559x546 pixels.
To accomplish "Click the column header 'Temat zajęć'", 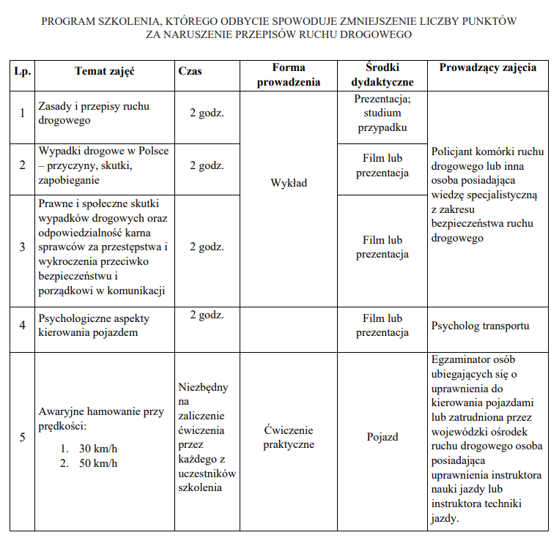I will (x=105, y=71).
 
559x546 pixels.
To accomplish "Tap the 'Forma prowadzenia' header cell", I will (x=288, y=75).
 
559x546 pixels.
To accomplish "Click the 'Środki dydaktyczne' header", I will (x=382, y=75).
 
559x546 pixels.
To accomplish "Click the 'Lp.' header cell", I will (x=21, y=71).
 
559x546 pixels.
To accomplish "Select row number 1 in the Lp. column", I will (x=22, y=113).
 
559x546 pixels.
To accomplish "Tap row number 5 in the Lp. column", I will (x=22, y=438).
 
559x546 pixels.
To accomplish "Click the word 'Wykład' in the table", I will (x=288, y=183).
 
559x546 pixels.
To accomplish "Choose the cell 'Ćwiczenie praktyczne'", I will (x=288, y=437).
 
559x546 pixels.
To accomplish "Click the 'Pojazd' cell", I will (x=382, y=437).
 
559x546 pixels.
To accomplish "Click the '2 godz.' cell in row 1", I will (x=207, y=113).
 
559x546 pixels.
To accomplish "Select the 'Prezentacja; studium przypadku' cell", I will (x=382, y=113).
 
